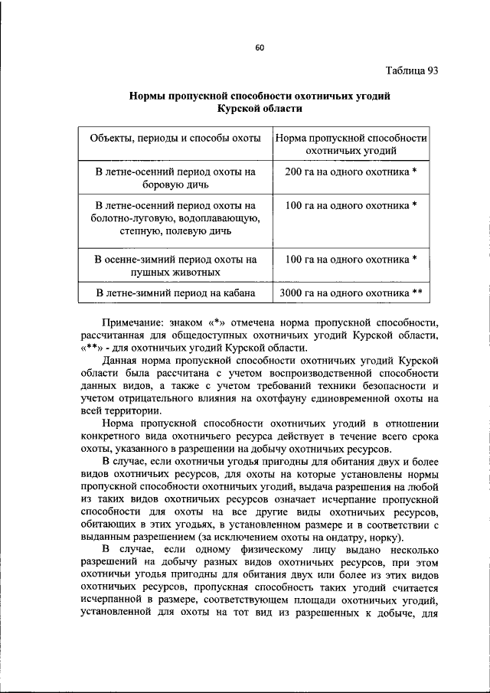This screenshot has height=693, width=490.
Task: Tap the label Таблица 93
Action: pos(410,70)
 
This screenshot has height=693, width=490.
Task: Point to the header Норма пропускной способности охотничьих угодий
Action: pos(350,145)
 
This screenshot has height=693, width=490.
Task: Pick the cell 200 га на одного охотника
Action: pos(350,172)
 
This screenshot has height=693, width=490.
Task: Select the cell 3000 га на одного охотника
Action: pos(350,293)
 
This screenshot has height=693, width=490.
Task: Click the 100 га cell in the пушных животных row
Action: pos(350,259)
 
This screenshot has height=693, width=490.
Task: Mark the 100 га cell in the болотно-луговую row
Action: pos(350,205)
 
